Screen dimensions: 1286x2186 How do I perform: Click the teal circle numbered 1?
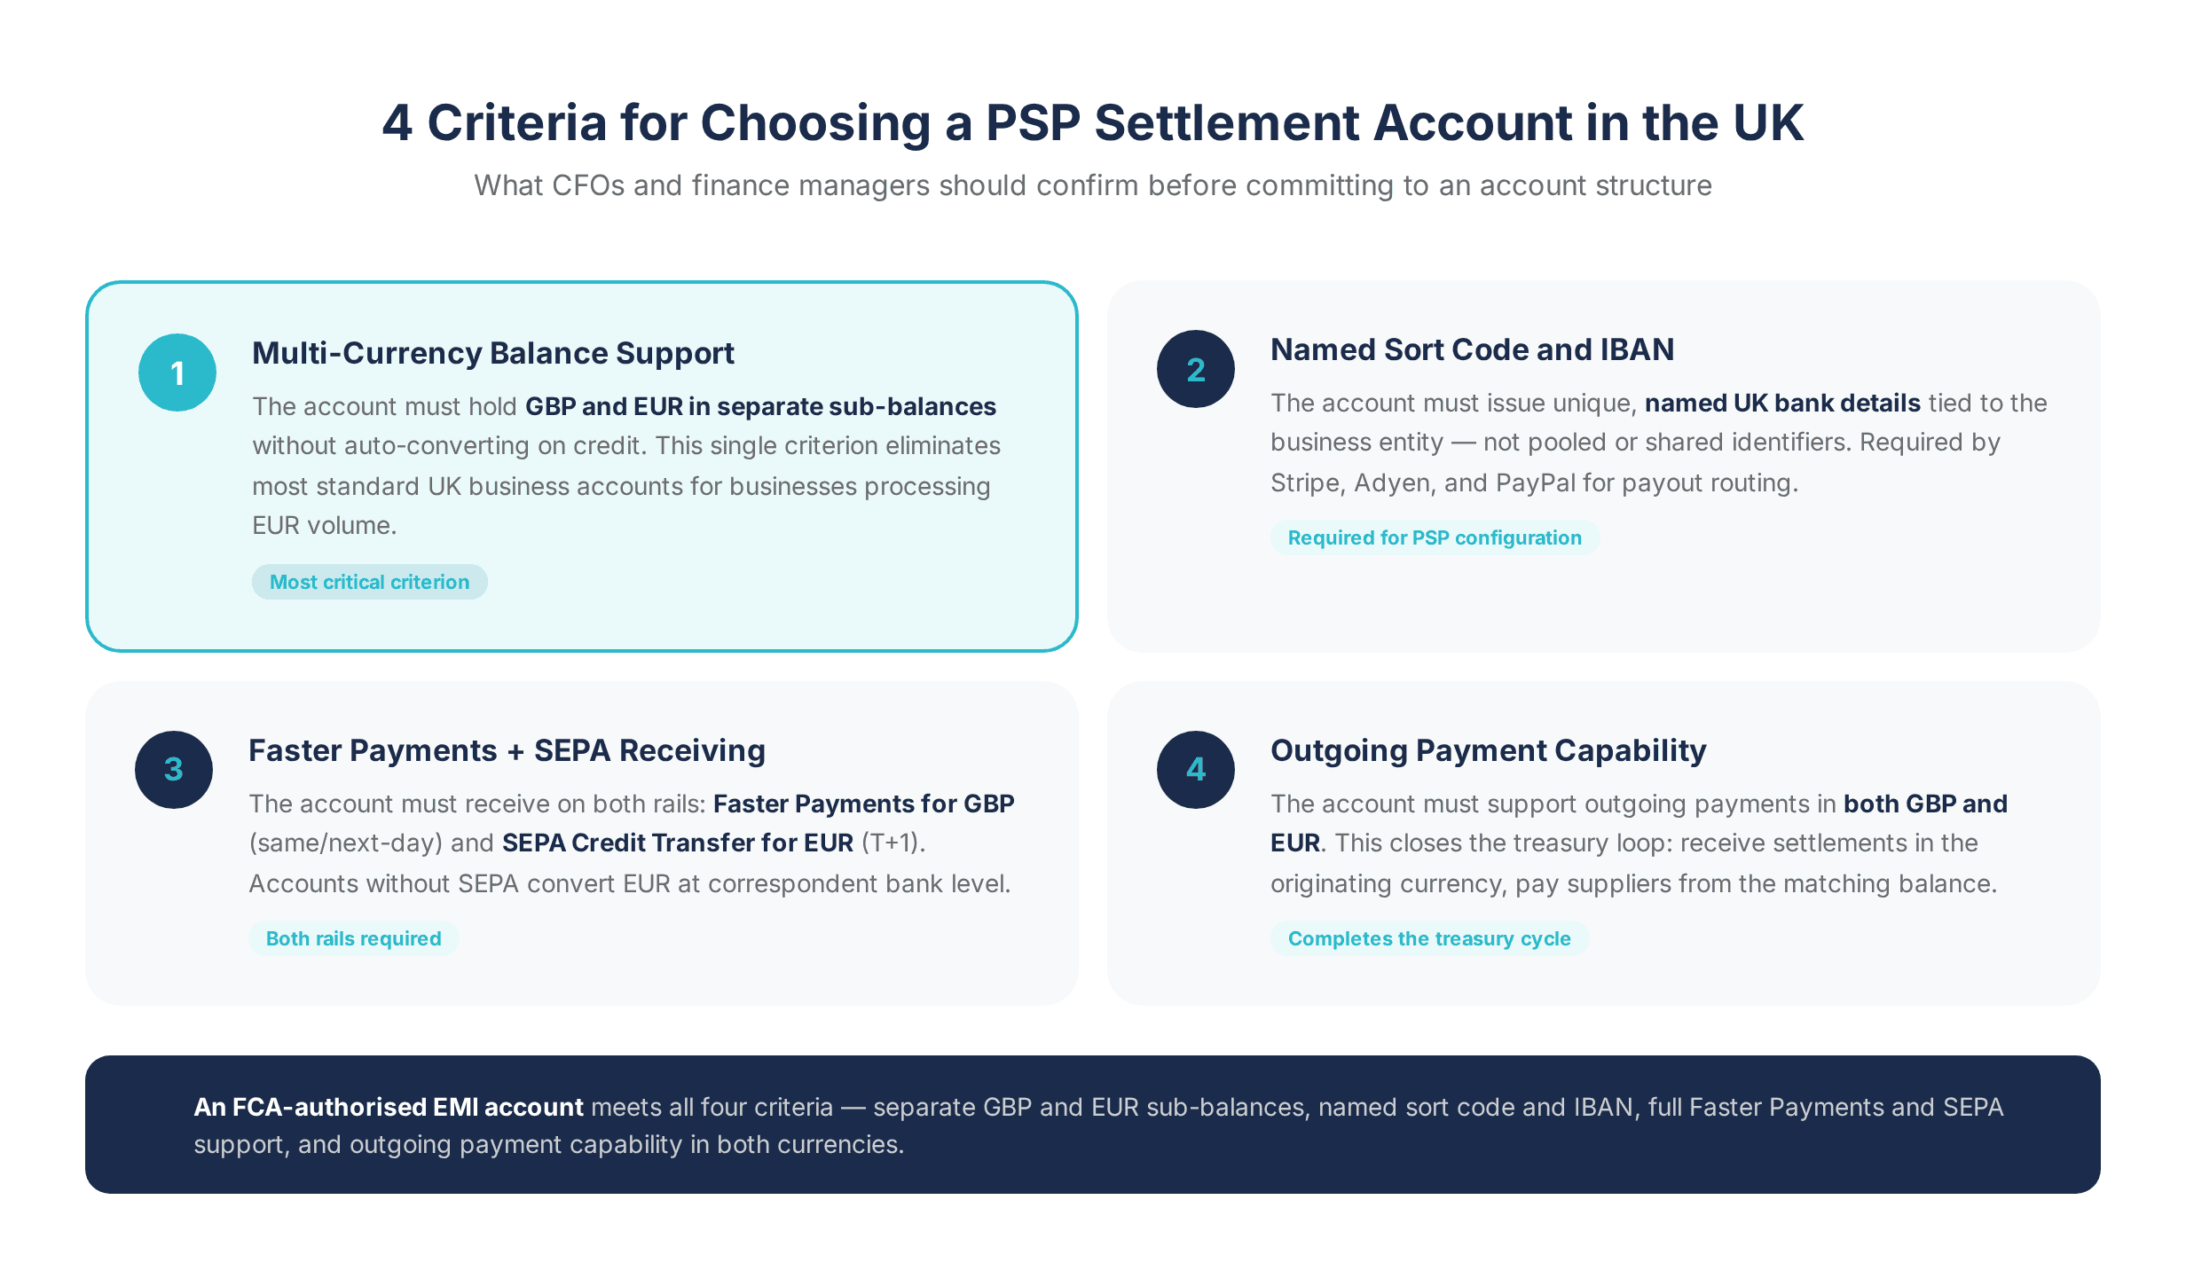pos(177,372)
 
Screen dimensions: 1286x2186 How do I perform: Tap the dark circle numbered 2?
pos(1195,369)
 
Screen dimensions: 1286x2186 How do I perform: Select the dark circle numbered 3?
pos(174,769)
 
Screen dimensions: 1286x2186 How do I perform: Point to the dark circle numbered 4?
pos(1195,769)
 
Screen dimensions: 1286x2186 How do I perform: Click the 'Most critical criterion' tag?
pos(369,582)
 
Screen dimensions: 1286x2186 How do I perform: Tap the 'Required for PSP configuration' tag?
pos(1434,537)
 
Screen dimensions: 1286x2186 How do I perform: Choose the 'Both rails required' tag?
pos(353,938)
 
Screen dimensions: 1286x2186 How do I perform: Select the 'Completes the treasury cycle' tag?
pos(1428,938)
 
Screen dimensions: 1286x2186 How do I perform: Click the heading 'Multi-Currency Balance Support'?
pos(492,353)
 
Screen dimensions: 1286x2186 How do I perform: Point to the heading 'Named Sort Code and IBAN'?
pos(1472,349)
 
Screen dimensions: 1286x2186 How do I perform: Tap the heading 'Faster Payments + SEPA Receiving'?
pos(507,750)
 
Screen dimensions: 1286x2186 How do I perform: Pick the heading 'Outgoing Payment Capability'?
pos(1488,750)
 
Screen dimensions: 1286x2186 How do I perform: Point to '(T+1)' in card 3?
pos(892,843)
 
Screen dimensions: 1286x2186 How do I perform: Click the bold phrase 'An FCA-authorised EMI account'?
pos(389,1107)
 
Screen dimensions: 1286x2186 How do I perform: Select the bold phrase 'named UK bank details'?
pos(1782,403)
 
